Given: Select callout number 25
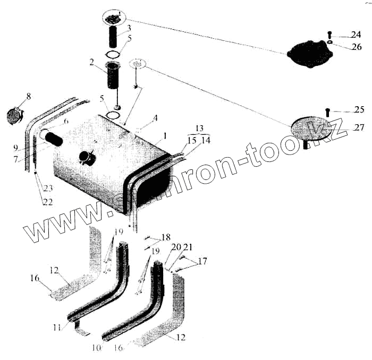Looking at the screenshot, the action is (359, 110).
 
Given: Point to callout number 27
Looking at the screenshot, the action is (359, 127).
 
